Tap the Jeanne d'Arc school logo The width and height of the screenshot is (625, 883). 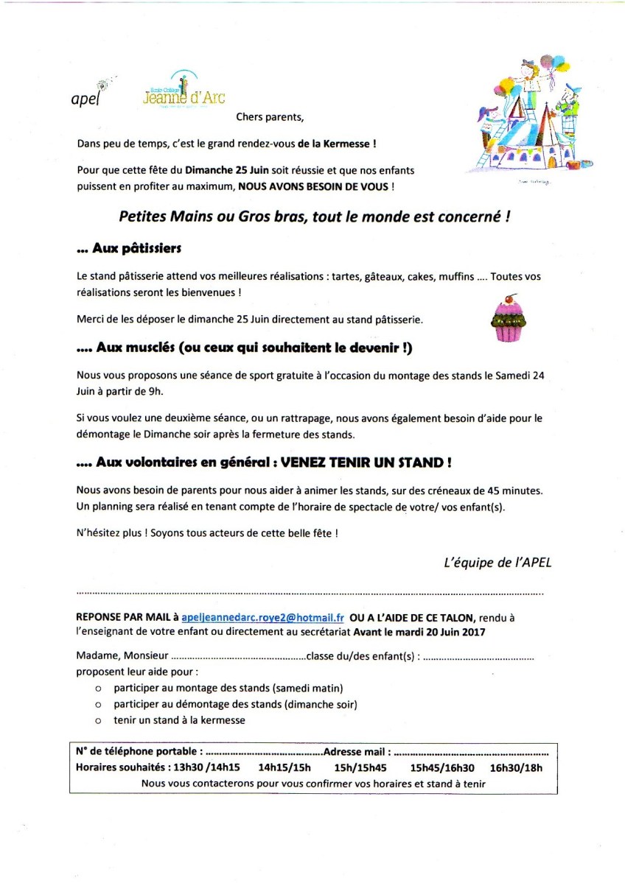pyautogui.click(x=184, y=92)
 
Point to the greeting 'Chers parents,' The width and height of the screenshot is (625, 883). pyautogui.click(x=269, y=116)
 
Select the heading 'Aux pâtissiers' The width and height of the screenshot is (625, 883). pyautogui.click(x=129, y=249)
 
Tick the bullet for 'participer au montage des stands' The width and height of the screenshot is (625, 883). pyautogui.click(x=98, y=689)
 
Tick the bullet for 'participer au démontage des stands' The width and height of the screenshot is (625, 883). pyautogui.click(x=98, y=705)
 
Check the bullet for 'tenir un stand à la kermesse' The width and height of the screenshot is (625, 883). pyautogui.click(x=98, y=720)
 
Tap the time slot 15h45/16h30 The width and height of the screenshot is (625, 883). pyautogui.click(x=442, y=767)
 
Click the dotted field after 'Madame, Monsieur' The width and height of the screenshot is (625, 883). pyautogui.click(x=238, y=657)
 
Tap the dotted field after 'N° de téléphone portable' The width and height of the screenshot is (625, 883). pyautogui.click(x=263, y=753)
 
